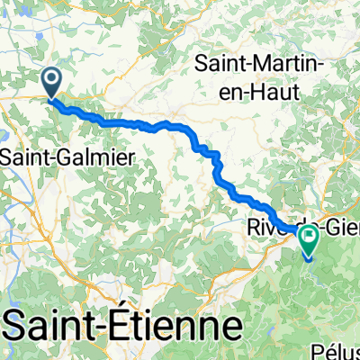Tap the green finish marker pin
pos(310,240)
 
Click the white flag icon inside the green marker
pos(310,238)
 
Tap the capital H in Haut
pos(253,87)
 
